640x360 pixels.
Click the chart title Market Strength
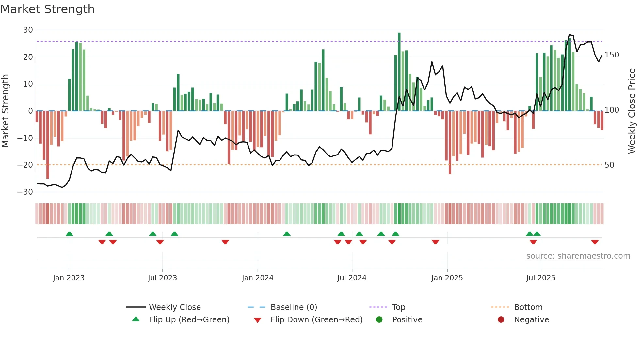click(x=47, y=9)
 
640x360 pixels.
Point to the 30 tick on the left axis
click(x=28, y=30)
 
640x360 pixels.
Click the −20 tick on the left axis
click(x=25, y=165)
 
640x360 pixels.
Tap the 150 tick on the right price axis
click(x=612, y=55)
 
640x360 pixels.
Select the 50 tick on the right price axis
click(x=609, y=165)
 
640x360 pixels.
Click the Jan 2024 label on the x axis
click(x=258, y=278)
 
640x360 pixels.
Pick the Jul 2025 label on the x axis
click(x=541, y=278)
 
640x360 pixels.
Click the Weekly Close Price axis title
click(x=632, y=111)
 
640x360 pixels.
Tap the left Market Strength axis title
click(x=6, y=111)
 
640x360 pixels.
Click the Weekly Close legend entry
click(x=174, y=307)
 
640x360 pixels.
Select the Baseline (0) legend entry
click(x=294, y=307)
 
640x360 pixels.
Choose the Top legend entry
click(x=398, y=307)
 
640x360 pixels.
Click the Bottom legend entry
click(x=528, y=307)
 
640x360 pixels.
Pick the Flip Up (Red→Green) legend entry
click(x=189, y=320)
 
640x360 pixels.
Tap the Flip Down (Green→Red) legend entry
click(x=316, y=320)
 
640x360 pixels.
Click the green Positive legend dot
click(x=379, y=320)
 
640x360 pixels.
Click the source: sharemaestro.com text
click(x=578, y=256)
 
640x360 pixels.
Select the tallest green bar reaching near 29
click(x=399, y=72)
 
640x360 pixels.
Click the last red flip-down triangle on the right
click(x=595, y=242)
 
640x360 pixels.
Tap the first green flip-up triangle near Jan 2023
click(x=69, y=234)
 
